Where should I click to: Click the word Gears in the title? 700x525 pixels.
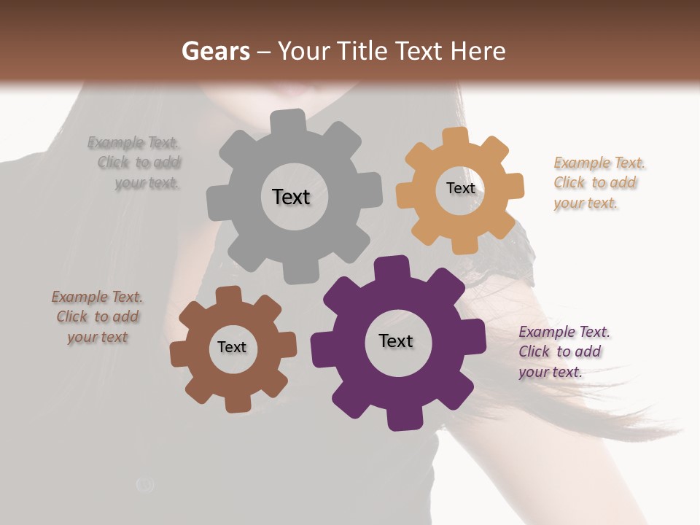(215, 51)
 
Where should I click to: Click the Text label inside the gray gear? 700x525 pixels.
(291, 197)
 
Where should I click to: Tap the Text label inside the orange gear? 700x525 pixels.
(460, 188)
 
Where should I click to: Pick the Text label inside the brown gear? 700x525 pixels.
(232, 348)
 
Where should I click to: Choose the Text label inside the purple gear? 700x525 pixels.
(396, 341)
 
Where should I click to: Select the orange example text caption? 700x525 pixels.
(599, 183)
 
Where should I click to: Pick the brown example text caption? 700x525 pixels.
(98, 317)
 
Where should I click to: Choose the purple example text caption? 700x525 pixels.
(564, 351)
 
